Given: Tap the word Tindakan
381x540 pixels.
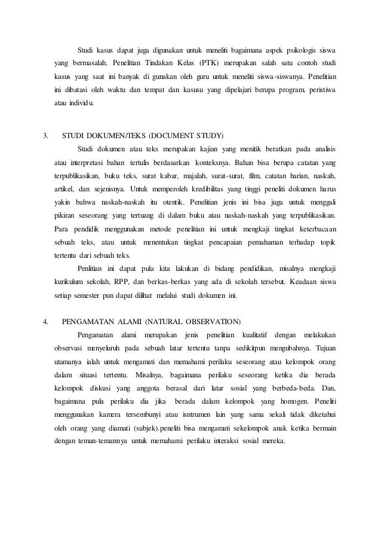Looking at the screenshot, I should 152,63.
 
